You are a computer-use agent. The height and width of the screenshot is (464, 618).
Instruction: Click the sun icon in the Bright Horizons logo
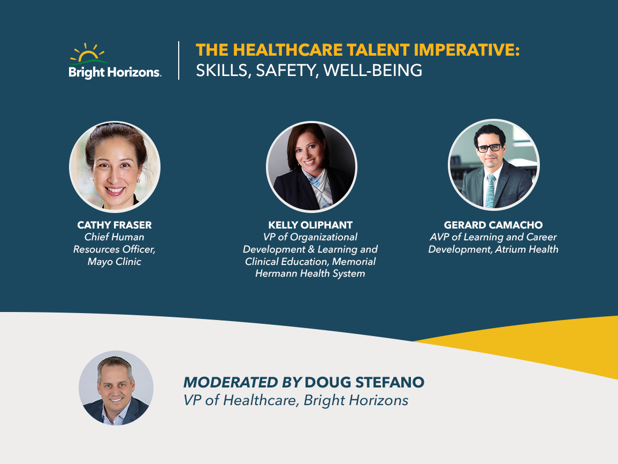pyautogui.click(x=88, y=53)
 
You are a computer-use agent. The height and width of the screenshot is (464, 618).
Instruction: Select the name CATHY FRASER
pyautogui.click(x=115, y=225)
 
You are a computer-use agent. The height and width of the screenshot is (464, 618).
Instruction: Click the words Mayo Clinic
pyautogui.click(x=115, y=261)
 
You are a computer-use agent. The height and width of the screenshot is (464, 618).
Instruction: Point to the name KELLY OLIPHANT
pyautogui.click(x=310, y=225)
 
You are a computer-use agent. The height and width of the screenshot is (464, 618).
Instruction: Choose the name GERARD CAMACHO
pyautogui.click(x=493, y=225)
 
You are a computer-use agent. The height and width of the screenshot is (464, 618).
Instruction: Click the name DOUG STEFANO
pyautogui.click(x=364, y=382)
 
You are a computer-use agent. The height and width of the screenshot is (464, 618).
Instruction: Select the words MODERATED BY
pyautogui.click(x=242, y=382)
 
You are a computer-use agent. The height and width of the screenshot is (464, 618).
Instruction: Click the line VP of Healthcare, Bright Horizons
pyautogui.click(x=295, y=400)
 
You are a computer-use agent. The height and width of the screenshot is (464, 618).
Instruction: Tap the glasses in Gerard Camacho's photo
pyautogui.click(x=490, y=148)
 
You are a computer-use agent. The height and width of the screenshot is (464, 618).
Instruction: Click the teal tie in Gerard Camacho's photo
pyautogui.click(x=490, y=191)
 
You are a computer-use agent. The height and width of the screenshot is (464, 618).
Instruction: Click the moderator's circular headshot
pyautogui.click(x=116, y=388)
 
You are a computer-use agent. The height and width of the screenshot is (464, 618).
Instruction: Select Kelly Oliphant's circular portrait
pyautogui.click(x=311, y=166)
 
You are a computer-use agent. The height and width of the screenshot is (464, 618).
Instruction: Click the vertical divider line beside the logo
pyautogui.click(x=179, y=60)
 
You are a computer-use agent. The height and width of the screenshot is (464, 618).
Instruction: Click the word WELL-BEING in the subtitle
pyautogui.click(x=373, y=71)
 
